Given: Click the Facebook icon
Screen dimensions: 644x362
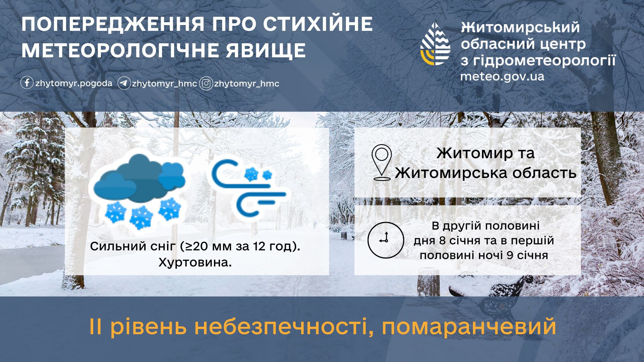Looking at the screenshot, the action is coord(27,83).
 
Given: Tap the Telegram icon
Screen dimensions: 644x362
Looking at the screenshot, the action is coord(124,83).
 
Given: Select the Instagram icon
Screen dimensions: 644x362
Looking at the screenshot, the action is coord(206,83).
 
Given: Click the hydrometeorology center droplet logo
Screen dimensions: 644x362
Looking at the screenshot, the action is coord(435,44).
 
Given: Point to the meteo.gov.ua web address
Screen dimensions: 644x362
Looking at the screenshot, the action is coord(502,76).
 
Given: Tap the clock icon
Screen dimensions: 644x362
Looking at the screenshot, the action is coord(385,240).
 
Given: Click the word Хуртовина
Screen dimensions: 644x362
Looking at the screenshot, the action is coord(195,262).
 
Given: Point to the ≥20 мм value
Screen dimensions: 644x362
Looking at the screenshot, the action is coord(203,247).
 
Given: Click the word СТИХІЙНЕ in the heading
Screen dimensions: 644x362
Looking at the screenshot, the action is coord(318,24).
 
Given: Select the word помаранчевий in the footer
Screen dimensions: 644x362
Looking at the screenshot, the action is coord(469,326).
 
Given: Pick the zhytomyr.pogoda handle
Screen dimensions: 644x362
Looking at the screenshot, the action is coord(74,83).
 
